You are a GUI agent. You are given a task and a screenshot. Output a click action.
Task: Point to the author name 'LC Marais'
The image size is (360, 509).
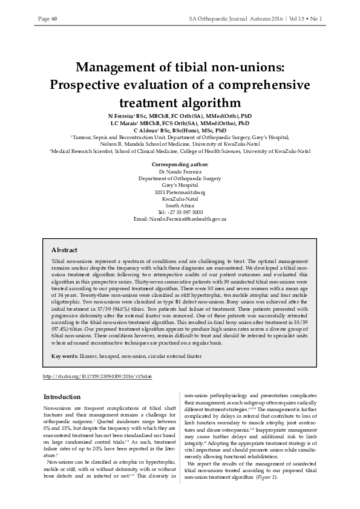point(125,123)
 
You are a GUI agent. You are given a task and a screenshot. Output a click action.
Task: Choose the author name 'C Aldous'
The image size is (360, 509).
point(145,130)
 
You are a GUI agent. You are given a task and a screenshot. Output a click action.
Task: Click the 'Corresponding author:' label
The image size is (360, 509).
point(180,164)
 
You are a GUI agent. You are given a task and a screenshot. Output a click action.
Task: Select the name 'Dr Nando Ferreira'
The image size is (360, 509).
point(180,172)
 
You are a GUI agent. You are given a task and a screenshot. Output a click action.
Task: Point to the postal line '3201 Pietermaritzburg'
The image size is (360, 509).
point(180,192)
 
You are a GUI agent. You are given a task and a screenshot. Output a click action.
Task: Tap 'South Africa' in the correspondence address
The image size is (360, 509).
point(180,205)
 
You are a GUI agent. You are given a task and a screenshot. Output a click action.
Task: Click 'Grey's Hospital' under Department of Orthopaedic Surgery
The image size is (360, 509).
point(180,185)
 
